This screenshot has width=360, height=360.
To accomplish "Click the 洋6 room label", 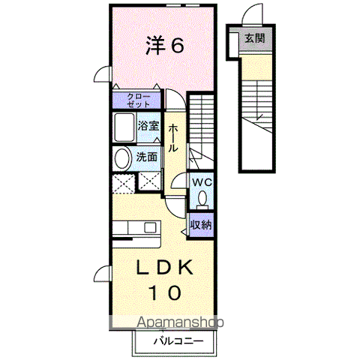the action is click(165, 45).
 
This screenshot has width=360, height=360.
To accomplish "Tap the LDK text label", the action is click(164, 268).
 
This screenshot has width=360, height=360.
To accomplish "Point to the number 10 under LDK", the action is click(165, 292).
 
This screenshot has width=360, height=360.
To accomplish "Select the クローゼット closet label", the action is click(139, 100).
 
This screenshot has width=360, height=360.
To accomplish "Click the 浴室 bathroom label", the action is click(148, 126).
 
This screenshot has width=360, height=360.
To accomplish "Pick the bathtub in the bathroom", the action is click(124, 127).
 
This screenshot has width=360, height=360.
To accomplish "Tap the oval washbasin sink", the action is click(123, 158).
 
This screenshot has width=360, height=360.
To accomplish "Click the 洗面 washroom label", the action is click(147, 157).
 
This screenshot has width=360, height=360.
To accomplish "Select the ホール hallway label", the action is click(173, 138).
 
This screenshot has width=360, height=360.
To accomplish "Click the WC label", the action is click(202, 182).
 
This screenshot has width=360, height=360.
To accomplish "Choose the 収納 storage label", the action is click(201, 225).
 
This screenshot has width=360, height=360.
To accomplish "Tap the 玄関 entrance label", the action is click(254, 38).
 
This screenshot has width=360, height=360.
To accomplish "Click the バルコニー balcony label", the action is click(178, 341).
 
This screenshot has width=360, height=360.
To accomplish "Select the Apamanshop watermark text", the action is click(180, 322).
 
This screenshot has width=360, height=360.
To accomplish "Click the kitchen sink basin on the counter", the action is click(150, 227).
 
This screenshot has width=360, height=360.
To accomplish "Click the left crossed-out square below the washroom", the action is click(124, 184).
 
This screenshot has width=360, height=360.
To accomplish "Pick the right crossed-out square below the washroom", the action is click(149, 181).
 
